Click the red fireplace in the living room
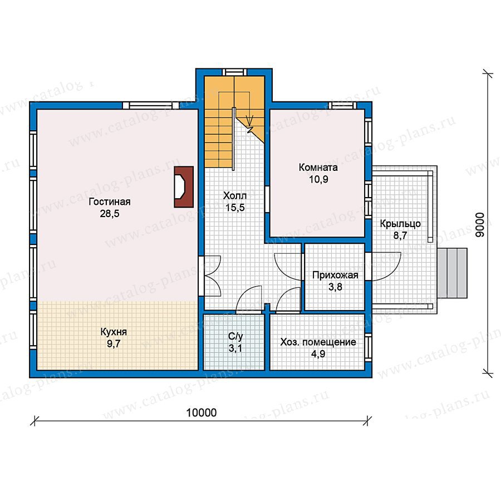tap(184, 187)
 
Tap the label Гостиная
tap(110, 202)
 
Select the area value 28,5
tap(110, 213)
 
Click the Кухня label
tap(114, 332)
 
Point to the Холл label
tap(235, 195)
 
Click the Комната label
tap(318, 167)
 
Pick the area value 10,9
tap(318, 179)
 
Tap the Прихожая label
tap(335, 275)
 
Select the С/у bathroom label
tap(235, 336)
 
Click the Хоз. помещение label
tap(318, 342)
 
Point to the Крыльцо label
tap(400, 224)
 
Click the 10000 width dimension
tap(202, 413)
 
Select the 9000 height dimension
tap(480, 225)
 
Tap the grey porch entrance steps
tap(452, 273)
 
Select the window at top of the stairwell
tap(234, 72)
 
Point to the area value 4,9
tap(318, 354)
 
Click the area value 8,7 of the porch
tap(400, 235)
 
